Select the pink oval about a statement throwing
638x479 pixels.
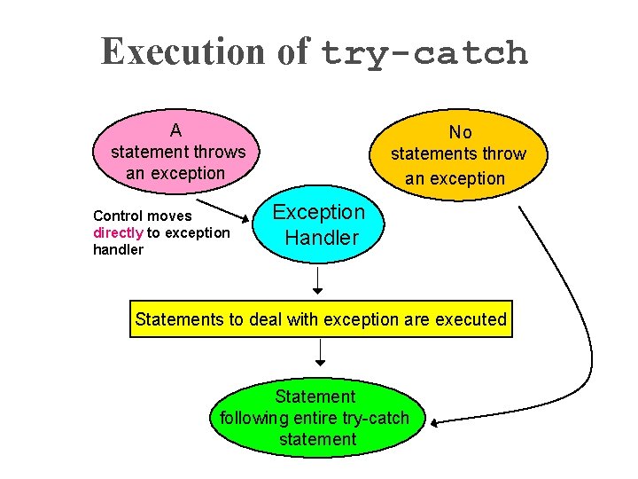click(x=177, y=151)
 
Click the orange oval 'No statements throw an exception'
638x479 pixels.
click(x=459, y=155)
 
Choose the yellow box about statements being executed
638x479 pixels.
click(x=321, y=319)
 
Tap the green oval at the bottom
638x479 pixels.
click(x=316, y=418)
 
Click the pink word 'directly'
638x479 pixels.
click(x=119, y=232)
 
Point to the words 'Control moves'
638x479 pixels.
click(x=142, y=216)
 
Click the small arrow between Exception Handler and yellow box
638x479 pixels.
click(x=319, y=282)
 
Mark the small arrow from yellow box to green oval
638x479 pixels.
click(x=320, y=352)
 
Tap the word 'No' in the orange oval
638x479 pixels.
click(x=460, y=132)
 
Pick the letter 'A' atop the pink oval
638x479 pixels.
click(x=176, y=130)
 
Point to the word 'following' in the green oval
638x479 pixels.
click(x=258, y=418)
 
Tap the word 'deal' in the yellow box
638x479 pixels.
click(x=265, y=319)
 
